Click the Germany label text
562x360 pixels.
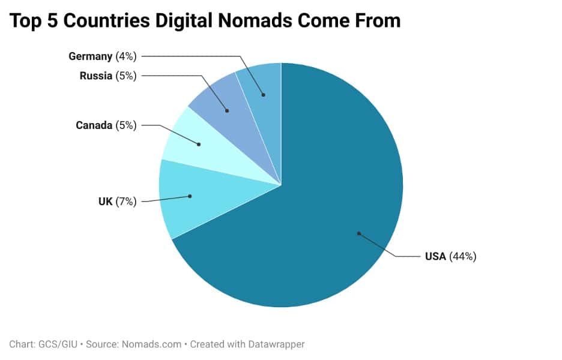click(x=90, y=56)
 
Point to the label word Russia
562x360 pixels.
click(x=95, y=76)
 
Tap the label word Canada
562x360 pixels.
click(x=94, y=125)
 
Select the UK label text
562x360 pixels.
click(x=106, y=202)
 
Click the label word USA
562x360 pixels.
click(x=435, y=257)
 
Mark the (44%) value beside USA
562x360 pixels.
click(x=463, y=257)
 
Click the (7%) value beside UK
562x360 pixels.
click(x=126, y=202)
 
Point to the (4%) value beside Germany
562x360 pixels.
click(x=126, y=56)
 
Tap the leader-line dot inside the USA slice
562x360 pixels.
click(x=358, y=233)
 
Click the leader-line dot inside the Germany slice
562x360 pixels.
click(x=263, y=95)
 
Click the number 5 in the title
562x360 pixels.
click(x=50, y=21)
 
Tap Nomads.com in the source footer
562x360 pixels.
click(x=151, y=344)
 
